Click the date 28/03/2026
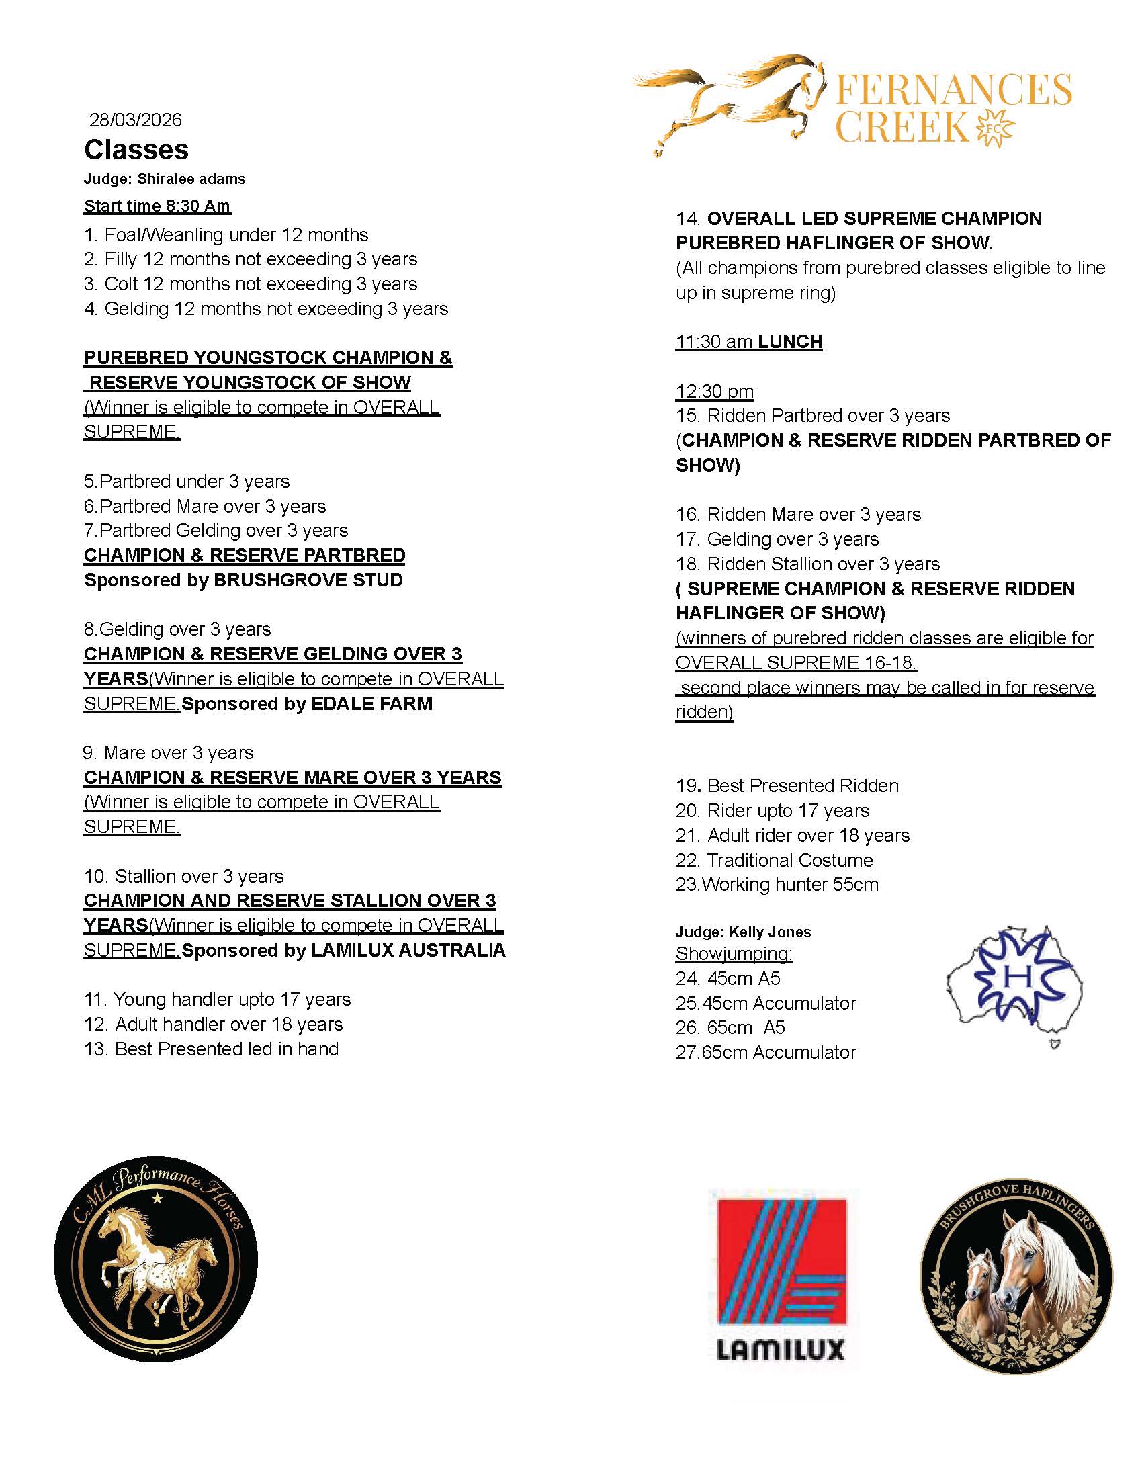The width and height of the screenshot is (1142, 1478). coord(135,120)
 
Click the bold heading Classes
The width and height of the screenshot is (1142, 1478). coord(136,150)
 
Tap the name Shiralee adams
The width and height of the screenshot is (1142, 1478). coord(191,179)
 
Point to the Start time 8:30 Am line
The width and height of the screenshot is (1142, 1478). coord(157,206)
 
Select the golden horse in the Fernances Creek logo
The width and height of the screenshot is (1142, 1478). coord(731,98)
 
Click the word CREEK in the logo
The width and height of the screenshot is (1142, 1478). coord(902,126)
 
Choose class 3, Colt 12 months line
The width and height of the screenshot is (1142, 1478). coord(251,284)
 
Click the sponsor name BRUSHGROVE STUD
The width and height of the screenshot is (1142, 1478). coord(308,580)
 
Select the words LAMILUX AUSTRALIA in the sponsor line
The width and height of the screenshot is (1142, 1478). coord(408,950)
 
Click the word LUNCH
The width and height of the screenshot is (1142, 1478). coord(789,342)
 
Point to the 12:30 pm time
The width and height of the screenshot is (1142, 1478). coord(715,391)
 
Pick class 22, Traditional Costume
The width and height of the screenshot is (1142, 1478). coord(774,860)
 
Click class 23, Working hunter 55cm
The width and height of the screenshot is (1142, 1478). coord(777,885)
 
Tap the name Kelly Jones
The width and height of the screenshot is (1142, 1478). coord(770,932)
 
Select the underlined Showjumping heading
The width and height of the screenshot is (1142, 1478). coord(734,953)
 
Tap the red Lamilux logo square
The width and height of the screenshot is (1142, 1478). coord(781,1261)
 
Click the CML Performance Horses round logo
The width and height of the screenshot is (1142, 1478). coord(156,1259)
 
